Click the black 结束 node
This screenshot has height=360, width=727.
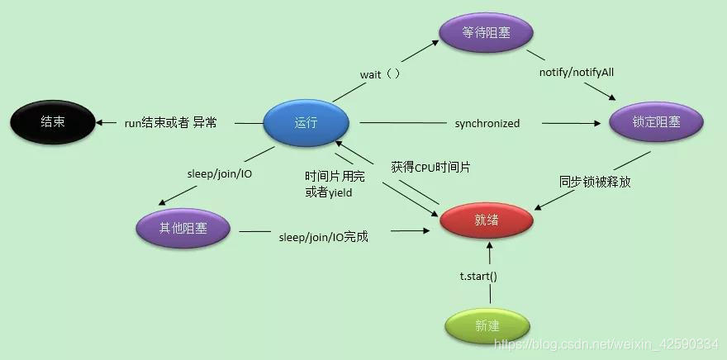click(52, 123)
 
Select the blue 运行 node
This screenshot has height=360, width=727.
click(305, 123)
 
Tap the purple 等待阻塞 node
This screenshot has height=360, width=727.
click(485, 33)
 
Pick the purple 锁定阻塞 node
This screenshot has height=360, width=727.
click(656, 123)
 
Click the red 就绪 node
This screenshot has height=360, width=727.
click(487, 220)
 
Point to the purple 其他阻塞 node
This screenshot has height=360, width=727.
click(183, 227)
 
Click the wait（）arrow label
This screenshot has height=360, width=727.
click(380, 74)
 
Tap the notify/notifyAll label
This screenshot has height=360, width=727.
click(577, 73)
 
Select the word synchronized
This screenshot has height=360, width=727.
click(487, 123)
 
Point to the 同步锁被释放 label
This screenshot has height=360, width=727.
click(595, 182)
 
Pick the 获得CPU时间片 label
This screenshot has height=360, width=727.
click(431, 168)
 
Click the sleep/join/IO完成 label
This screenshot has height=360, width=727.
click(323, 237)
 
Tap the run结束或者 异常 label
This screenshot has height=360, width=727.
click(170, 123)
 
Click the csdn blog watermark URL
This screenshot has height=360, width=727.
click(606, 343)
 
